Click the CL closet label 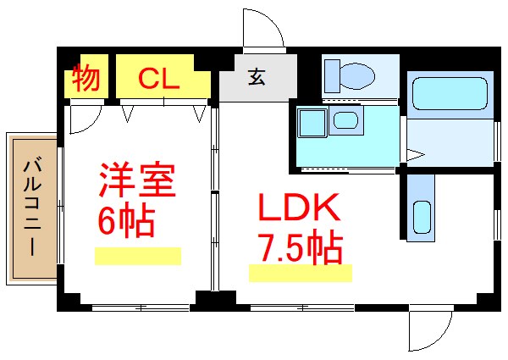(x=158, y=79)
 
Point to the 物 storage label (x=86, y=79)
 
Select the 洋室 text (x=135, y=181)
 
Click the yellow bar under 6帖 (x=137, y=256)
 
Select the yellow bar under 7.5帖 (x=300, y=273)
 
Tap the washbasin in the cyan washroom (x=345, y=119)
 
